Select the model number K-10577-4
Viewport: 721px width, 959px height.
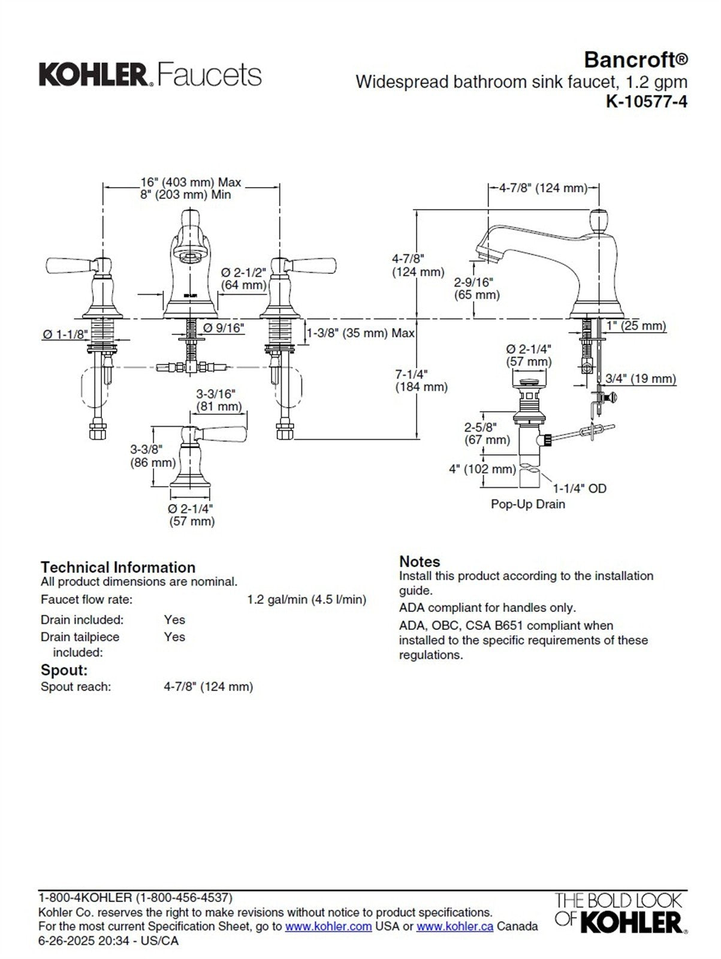[647, 101]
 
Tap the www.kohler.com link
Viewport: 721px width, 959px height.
[328, 927]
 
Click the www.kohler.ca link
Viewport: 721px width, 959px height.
[455, 927]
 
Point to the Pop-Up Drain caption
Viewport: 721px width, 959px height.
[527, 504]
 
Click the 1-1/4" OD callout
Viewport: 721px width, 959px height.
[579, 488]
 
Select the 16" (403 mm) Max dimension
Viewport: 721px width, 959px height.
[191, 182]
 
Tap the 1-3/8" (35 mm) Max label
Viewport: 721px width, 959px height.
[361, 333]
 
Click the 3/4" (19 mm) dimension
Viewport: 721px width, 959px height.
[640, 379]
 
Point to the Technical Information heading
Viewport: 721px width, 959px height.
[118, 567]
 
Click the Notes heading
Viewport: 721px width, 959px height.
[420, 562]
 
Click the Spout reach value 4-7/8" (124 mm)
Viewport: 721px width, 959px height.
[209, 687]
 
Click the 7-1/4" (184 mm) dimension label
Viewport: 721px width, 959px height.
[421, 381]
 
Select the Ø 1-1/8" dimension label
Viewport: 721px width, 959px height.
[65, 334]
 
